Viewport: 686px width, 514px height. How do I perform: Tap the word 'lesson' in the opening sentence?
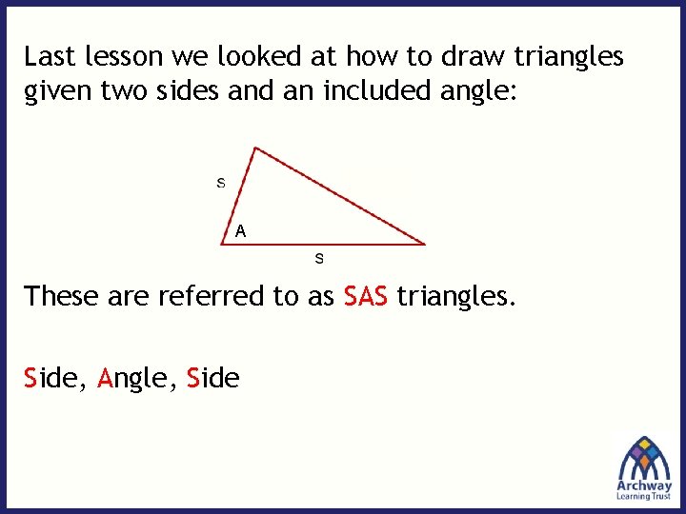[118, 57]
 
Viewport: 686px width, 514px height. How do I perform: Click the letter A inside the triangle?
[241, 230]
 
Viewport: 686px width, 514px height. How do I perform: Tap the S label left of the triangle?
[221, 182]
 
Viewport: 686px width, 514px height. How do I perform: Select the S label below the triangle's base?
[319, 258]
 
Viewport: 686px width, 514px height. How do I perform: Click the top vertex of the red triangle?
[254, 147]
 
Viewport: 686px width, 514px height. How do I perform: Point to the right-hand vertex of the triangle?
[425, 245]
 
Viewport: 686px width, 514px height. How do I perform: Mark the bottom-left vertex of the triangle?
[222, 245]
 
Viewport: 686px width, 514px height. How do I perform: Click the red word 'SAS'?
[365, 296]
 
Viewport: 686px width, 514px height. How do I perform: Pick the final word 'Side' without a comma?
[213, 378]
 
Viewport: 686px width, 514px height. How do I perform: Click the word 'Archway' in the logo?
[645, 484]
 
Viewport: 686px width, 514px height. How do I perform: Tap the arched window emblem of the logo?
[645, 456]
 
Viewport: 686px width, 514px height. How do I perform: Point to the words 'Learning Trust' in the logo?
[645, 496]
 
